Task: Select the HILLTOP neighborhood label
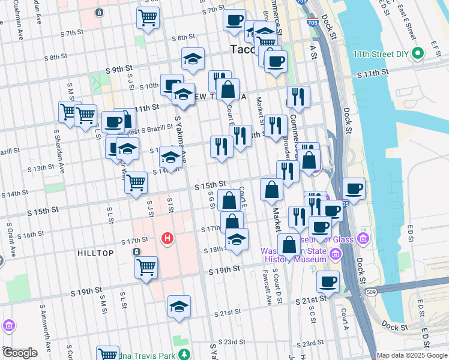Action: (95, 253)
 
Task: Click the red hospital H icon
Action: (168, 239)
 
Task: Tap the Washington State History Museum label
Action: (294, 255)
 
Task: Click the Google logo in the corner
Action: (20, 353)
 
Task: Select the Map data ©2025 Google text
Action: (412, 355)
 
